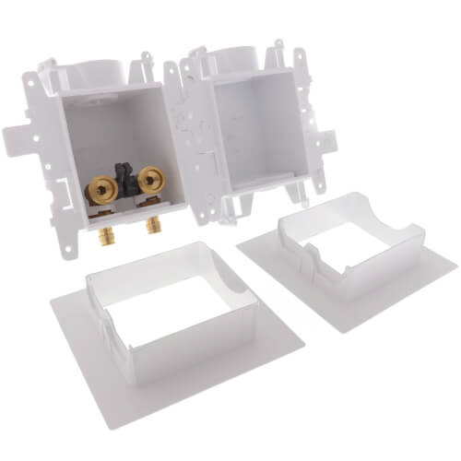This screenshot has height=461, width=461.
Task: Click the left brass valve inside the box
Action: (96, 190)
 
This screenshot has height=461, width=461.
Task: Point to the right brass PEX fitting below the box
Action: (149, 225)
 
